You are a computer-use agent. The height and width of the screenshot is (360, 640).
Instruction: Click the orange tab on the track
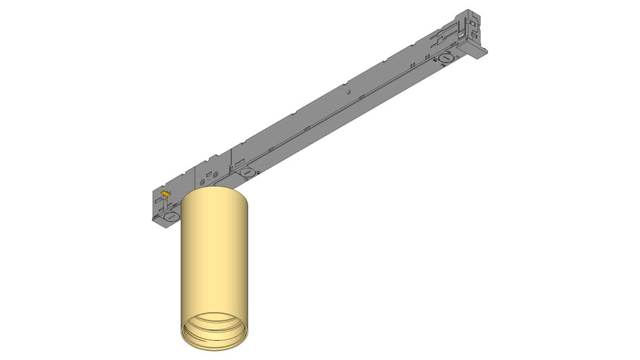tap(165, 192)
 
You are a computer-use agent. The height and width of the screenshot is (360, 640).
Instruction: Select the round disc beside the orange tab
tap(171, 217)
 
